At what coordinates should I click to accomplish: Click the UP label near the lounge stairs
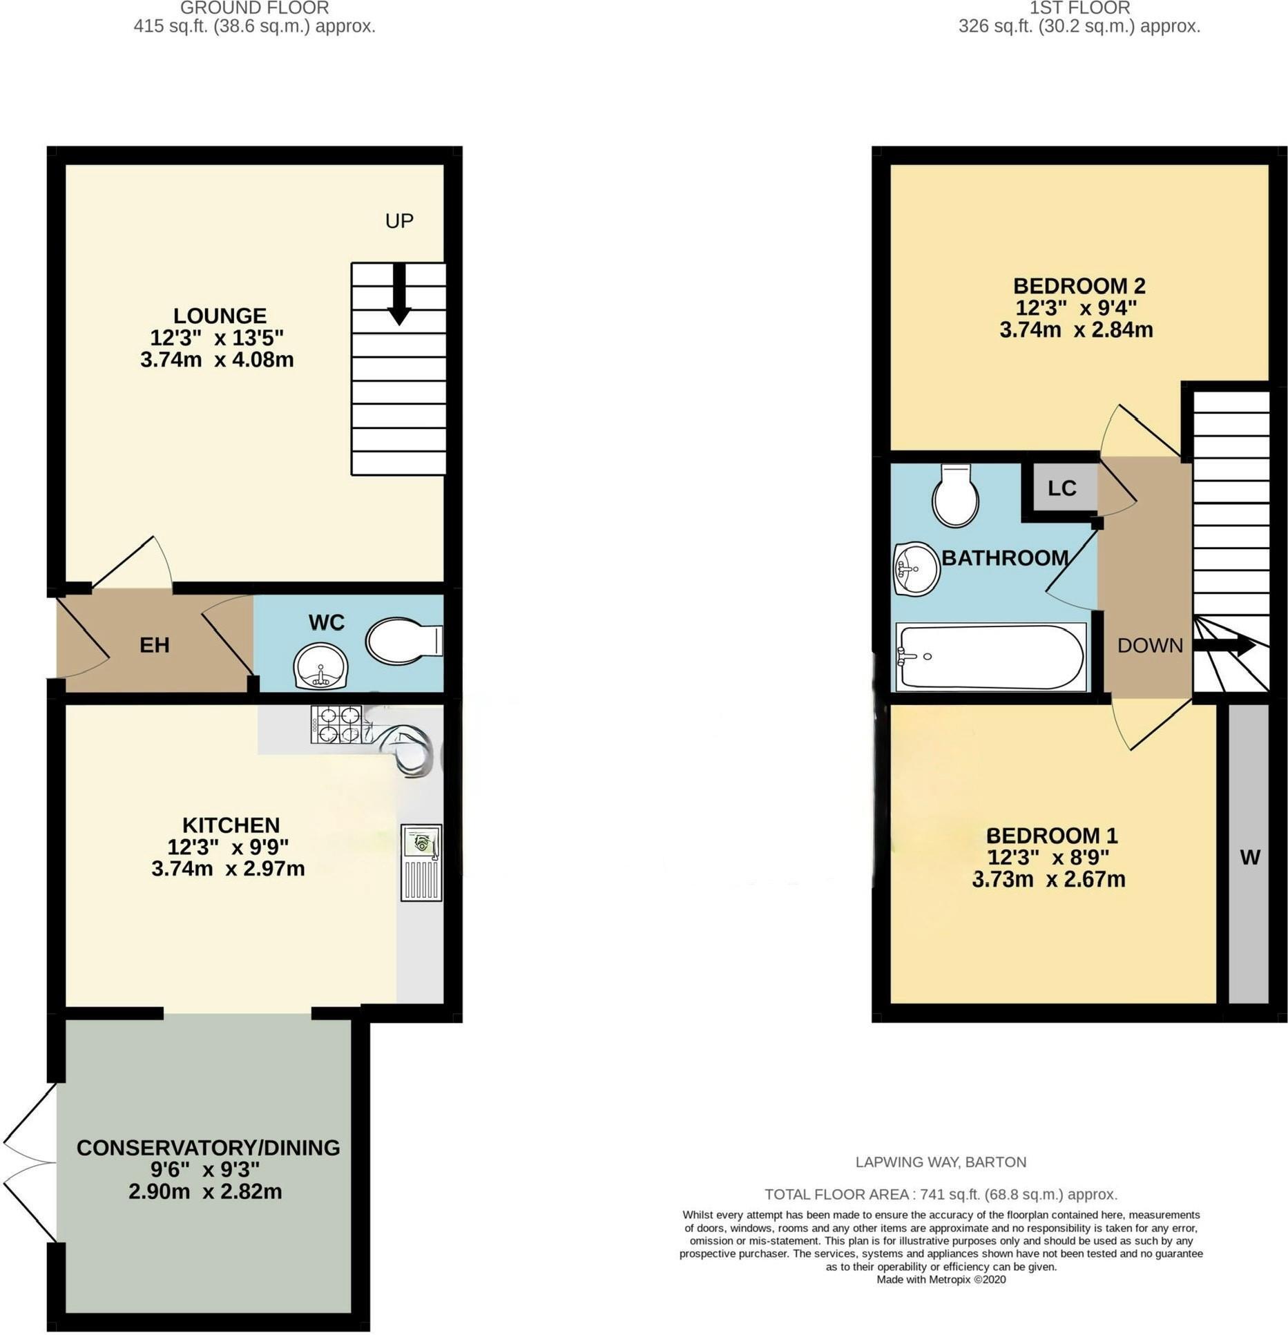coord(399,221)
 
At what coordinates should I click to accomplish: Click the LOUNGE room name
coord(220,316)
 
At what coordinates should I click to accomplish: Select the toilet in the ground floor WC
coord(404,640)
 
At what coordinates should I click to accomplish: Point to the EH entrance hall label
coord(154,645)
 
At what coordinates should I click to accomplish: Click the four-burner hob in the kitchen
coord(336,724)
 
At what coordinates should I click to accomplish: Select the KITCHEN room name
coord(231,825)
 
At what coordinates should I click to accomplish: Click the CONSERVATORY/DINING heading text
coord(208,1147)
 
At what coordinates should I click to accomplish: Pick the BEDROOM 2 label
coord(1079,285)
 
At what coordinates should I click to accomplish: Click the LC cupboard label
coord(1061,488)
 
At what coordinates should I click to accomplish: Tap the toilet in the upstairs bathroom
coord(954,494)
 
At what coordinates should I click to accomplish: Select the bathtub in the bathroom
coord(990,657)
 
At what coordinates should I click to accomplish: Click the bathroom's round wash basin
coord(916,568)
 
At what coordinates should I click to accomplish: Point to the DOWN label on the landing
coord(1150,645)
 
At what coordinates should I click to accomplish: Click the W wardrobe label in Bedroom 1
coord(1250,857)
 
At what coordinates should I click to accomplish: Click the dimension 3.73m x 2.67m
coord(1048,879)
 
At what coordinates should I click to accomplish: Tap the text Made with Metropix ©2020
coord(941,1279)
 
